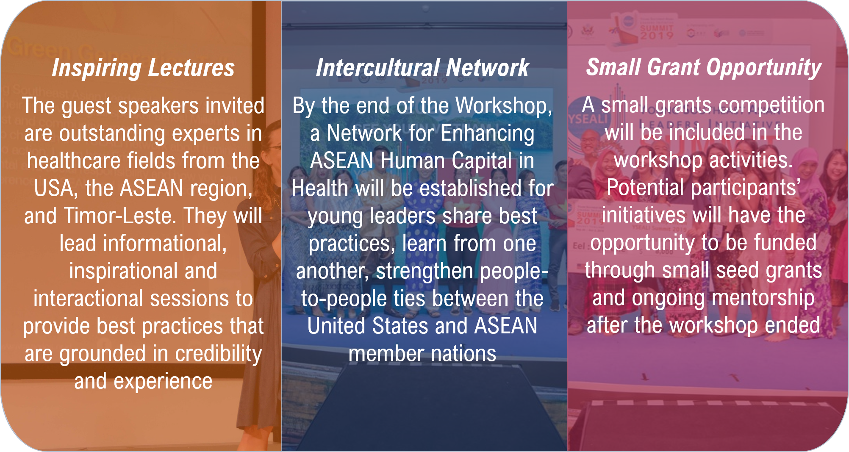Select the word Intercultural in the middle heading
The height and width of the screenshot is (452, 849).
pyautogui.click(x=378, y=68)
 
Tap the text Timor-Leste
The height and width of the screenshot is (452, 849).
pyautogui.click(x=120, y=216)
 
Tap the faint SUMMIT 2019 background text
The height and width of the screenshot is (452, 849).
pyautogui.click(x=656, y=32)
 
